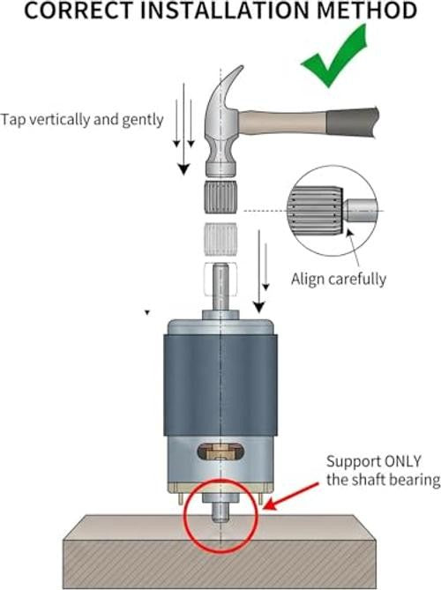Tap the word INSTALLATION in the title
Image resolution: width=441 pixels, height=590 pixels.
pyautogui.click(x=226, y=11)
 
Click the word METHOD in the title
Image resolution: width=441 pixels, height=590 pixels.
pyautogui.click(x=367, y=11)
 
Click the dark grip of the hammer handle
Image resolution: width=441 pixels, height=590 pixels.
pyautogui.click(x=353, y=122)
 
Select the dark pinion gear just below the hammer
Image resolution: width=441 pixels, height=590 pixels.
pyautogui.click(x=220, y=197)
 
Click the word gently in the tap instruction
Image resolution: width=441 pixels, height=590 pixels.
pyautogui.click(x=143, y=121)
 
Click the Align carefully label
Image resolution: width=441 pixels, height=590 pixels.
pyautogui.click(x=339, y=280)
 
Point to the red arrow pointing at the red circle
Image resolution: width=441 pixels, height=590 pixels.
pyautogui.click(x=290, y=497)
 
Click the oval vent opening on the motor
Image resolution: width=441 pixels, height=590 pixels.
pyautogui.click(x=220, y=452)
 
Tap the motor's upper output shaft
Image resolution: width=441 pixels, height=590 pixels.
pyautogui.click(x=220, y=288)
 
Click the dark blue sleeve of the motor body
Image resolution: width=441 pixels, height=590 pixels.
pyautogui.click(x=220, y=385)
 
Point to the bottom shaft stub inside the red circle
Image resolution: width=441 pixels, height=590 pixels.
pyautogui.click(x=220, y=513)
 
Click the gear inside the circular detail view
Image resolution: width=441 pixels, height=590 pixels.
pyautogui.click(x=316, y=211)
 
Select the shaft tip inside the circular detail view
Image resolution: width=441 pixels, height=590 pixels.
pyautogui.click(x=361, y=211)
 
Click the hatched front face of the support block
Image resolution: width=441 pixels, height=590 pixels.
pyautogui.click(x=220, y=564)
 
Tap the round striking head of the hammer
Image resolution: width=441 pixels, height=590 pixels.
pyautogui.click(x=220, y=168)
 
